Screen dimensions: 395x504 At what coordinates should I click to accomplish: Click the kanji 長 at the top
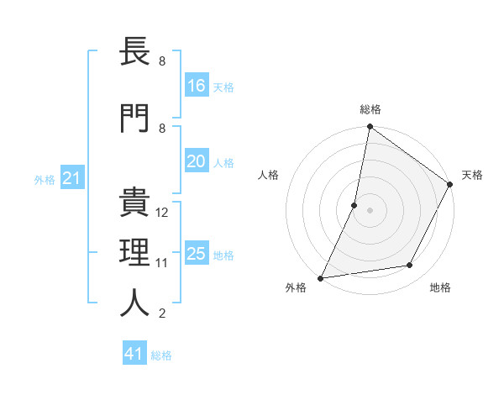[x=135, y=52]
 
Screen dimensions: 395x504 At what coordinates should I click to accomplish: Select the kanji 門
[x=135, y=117]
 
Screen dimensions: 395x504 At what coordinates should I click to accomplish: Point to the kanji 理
[x=135, y=253]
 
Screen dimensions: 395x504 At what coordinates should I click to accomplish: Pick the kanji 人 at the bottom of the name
[x=135, y=303]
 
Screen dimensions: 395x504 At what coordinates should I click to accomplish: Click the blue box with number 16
[x=197, y=86]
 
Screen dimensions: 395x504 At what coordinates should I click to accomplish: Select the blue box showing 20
[x=197, y=161]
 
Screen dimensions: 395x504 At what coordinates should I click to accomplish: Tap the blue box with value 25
[x=197, y=254]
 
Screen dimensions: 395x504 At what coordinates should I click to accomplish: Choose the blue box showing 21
[x=72, y=178]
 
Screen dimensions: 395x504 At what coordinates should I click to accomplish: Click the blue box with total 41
[x=134, y=354]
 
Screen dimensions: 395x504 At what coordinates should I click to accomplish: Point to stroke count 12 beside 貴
[x=162, y=213]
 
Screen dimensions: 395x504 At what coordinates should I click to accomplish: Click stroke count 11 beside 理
[x=162, y=263]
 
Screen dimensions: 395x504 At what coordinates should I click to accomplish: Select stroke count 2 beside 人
[x=162, y=313]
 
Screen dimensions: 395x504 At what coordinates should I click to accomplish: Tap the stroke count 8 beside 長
[x=162, y=62]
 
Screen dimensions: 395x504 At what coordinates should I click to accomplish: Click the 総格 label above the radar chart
[x=370, y=109]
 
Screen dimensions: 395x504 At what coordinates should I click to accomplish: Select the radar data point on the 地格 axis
[x=410, y=266]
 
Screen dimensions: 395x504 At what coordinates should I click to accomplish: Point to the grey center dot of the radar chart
[x=370, y=210]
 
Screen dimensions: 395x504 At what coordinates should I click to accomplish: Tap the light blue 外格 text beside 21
[x=45, y=179]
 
